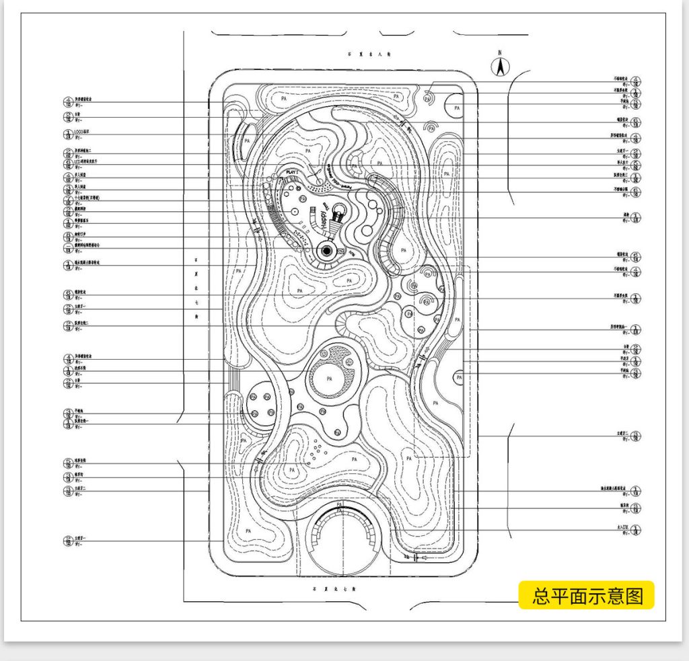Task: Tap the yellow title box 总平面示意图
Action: pyautogui.click(x=586, y=595)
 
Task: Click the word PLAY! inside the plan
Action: pyautogui.click(x=293, y=173)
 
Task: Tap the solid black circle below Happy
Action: pyautogui.click(x=327, y=251)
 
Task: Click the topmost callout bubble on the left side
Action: pyautogui.click(x=68, y=102)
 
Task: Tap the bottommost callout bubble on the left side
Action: pyautogui.click(x=68, y=540)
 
